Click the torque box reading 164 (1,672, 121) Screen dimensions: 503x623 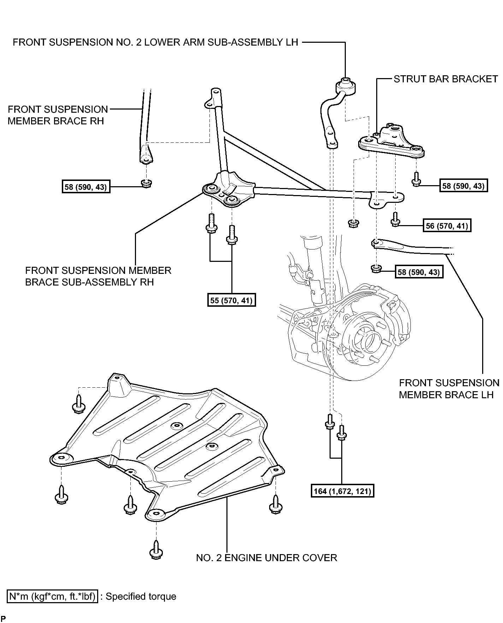click(x=342, y=491)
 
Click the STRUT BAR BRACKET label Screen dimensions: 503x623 click(x=446, y=79)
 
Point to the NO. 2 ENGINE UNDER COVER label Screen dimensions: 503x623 click(x=267, y=558)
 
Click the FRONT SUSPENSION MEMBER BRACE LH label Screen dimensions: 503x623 click(x=449, y=389)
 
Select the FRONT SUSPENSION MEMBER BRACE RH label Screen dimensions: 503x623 click(x=58, y=115)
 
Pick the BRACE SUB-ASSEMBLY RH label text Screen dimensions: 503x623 click(x=89, y=282)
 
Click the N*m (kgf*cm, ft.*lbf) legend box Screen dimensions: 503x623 click(x=52, y=596)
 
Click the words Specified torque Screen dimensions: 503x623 click(x=141, y=596)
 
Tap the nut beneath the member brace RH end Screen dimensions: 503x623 click(x=146, y=183)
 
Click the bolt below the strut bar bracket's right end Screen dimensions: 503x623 click(x=416, y=179)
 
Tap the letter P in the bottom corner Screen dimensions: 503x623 click(x=4, y=618)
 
